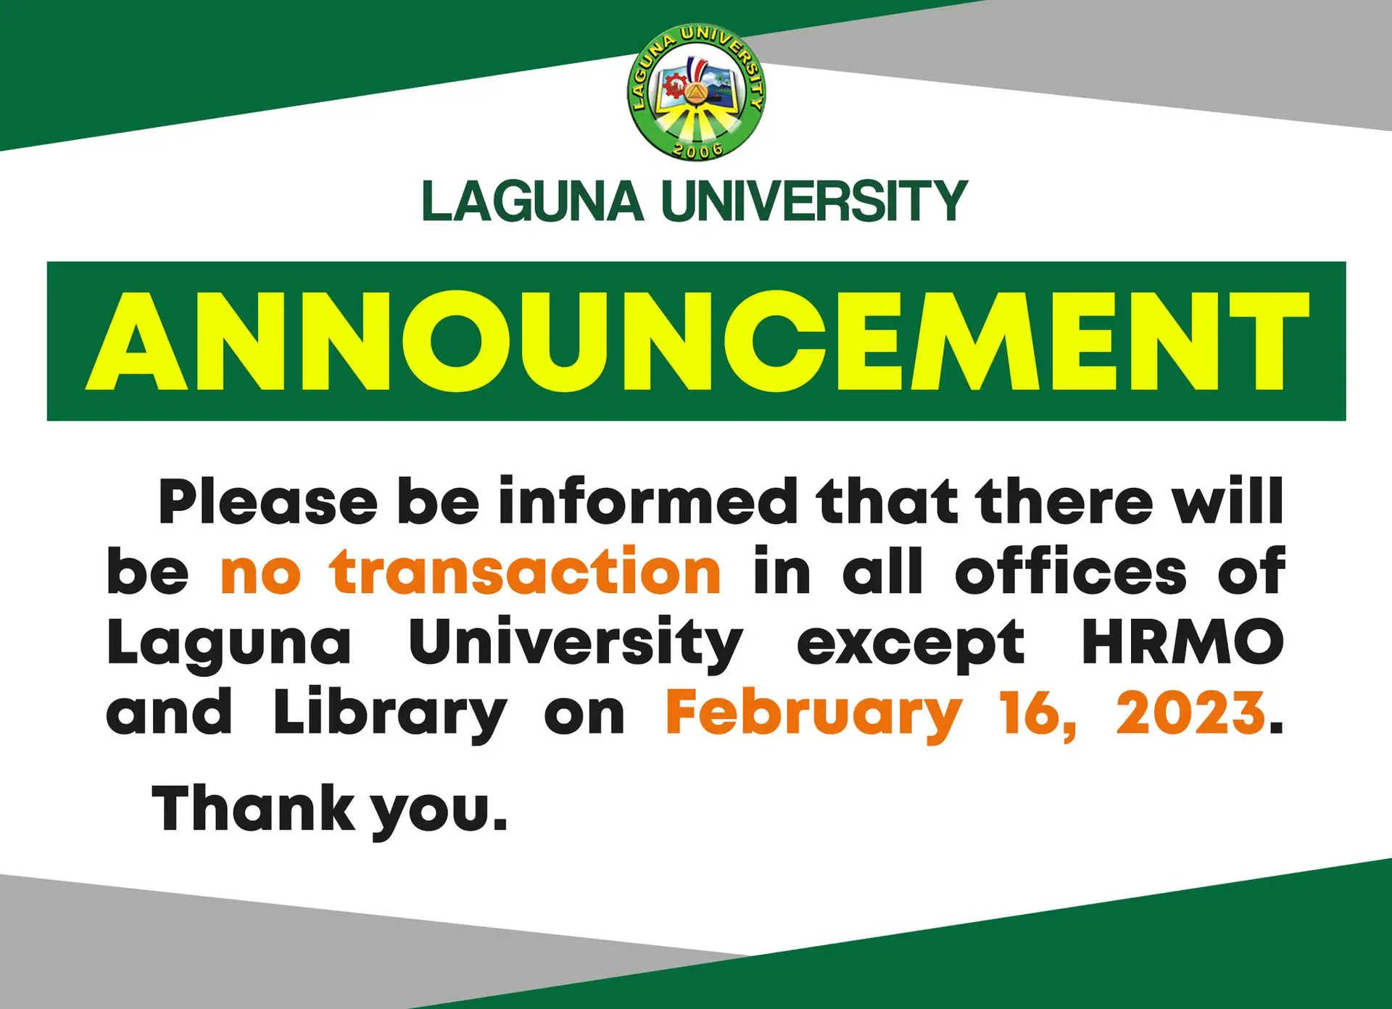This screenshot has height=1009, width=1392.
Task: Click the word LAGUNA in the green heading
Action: pos(532,202)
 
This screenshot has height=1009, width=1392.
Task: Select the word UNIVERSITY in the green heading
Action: pos(814,202)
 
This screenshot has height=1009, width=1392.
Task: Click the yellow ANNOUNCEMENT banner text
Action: pos(696,341)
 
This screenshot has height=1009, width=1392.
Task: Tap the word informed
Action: pos(647,502)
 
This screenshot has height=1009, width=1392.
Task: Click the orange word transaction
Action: pos(526,573)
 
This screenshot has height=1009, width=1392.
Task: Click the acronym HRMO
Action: pos(1182,642)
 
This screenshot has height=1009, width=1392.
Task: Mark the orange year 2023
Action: pos(1190,713)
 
